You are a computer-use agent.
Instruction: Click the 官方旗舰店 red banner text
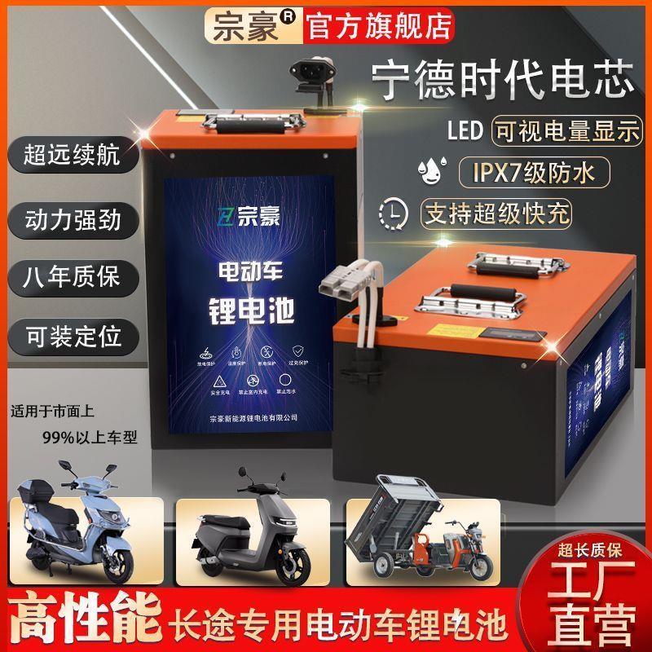coord(379,26)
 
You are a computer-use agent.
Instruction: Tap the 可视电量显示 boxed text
coord(566,131)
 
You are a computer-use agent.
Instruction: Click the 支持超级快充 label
coord(496,213)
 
